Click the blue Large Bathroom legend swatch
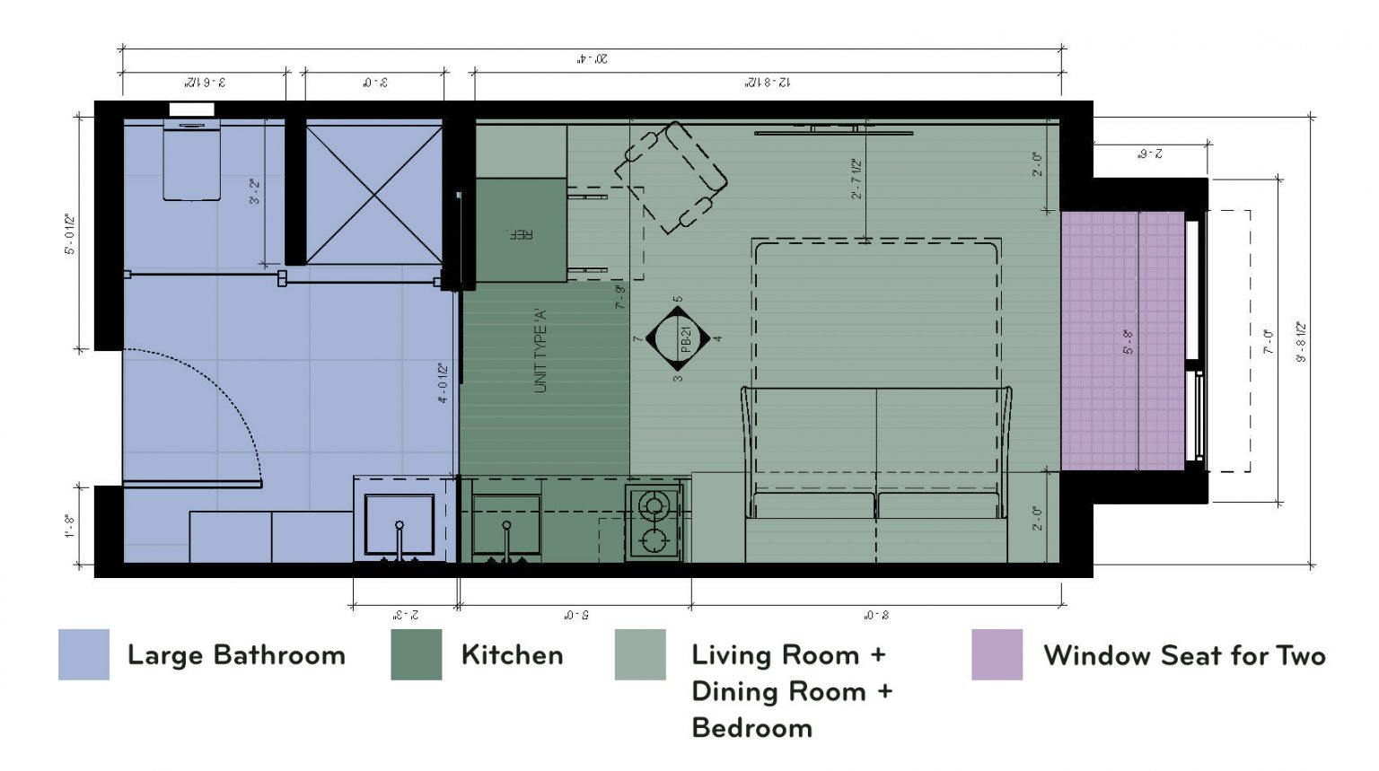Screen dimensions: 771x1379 [x=83, y=654]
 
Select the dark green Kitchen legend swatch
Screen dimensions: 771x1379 [x=416, y=654]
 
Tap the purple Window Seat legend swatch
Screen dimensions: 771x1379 [x=997, y=654]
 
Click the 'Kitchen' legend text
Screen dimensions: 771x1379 [x=512, y=655]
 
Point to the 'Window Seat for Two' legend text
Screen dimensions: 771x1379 [x=1184, y=655]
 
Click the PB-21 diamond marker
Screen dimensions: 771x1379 [x=679, y=339]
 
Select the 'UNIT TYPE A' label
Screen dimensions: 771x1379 [x=540, y=350]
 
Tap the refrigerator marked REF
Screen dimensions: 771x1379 [x=521, y=231]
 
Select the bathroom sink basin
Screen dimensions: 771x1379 [x=400, y=523]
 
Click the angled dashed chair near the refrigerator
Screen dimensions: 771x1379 [x=672, y=177]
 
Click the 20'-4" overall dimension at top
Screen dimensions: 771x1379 [x=592, y=59]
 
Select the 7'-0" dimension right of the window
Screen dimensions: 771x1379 [x=1269, y=341]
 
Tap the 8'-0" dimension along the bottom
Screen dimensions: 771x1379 [x=876, y=616]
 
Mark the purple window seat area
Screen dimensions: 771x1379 [x=1122, y=341]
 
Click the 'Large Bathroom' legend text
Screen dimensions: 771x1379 [x=236, y=655]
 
